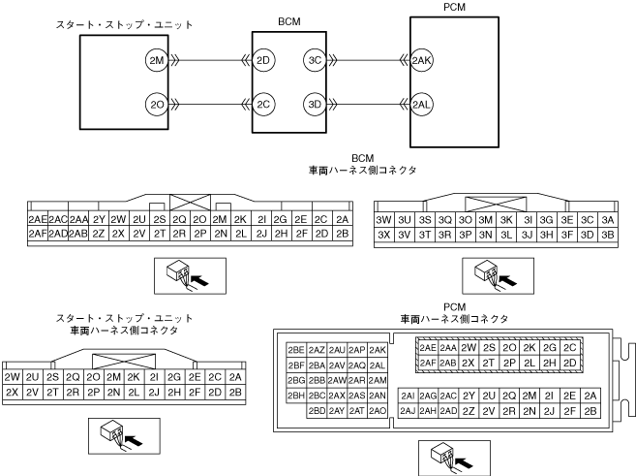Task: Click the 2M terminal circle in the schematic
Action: (157, 60)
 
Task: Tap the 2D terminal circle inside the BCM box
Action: (264, 60)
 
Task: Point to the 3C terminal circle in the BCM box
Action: (315, 60)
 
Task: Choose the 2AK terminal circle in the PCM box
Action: (422, 60)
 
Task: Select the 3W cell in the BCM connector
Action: (383, 220)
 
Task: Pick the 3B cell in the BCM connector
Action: (608, 234)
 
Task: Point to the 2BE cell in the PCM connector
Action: (296, 349)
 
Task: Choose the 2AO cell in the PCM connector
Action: (378, 411)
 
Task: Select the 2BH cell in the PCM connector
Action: (296, 396)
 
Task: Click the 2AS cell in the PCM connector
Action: (357, 396)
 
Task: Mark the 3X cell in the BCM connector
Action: (383, 234)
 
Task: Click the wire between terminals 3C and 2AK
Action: (363, 60)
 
